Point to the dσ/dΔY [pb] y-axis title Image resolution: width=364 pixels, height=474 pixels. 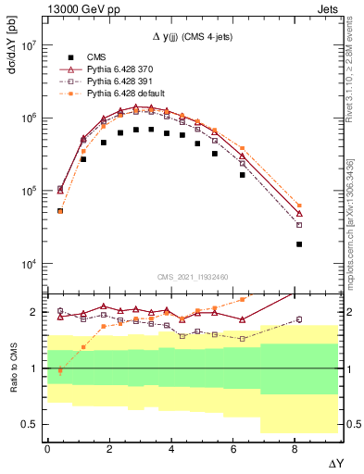(x=10, y=56)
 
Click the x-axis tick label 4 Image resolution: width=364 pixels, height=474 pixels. (x=172, y=447)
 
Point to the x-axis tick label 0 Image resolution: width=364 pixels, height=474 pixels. (x=47, y=447)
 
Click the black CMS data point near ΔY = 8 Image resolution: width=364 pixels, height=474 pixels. (x=299, y=244)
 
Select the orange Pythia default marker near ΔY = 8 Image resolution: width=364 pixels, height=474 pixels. (x=299, y=206)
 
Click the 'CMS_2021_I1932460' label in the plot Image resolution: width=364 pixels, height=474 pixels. (x=191, y=276)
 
